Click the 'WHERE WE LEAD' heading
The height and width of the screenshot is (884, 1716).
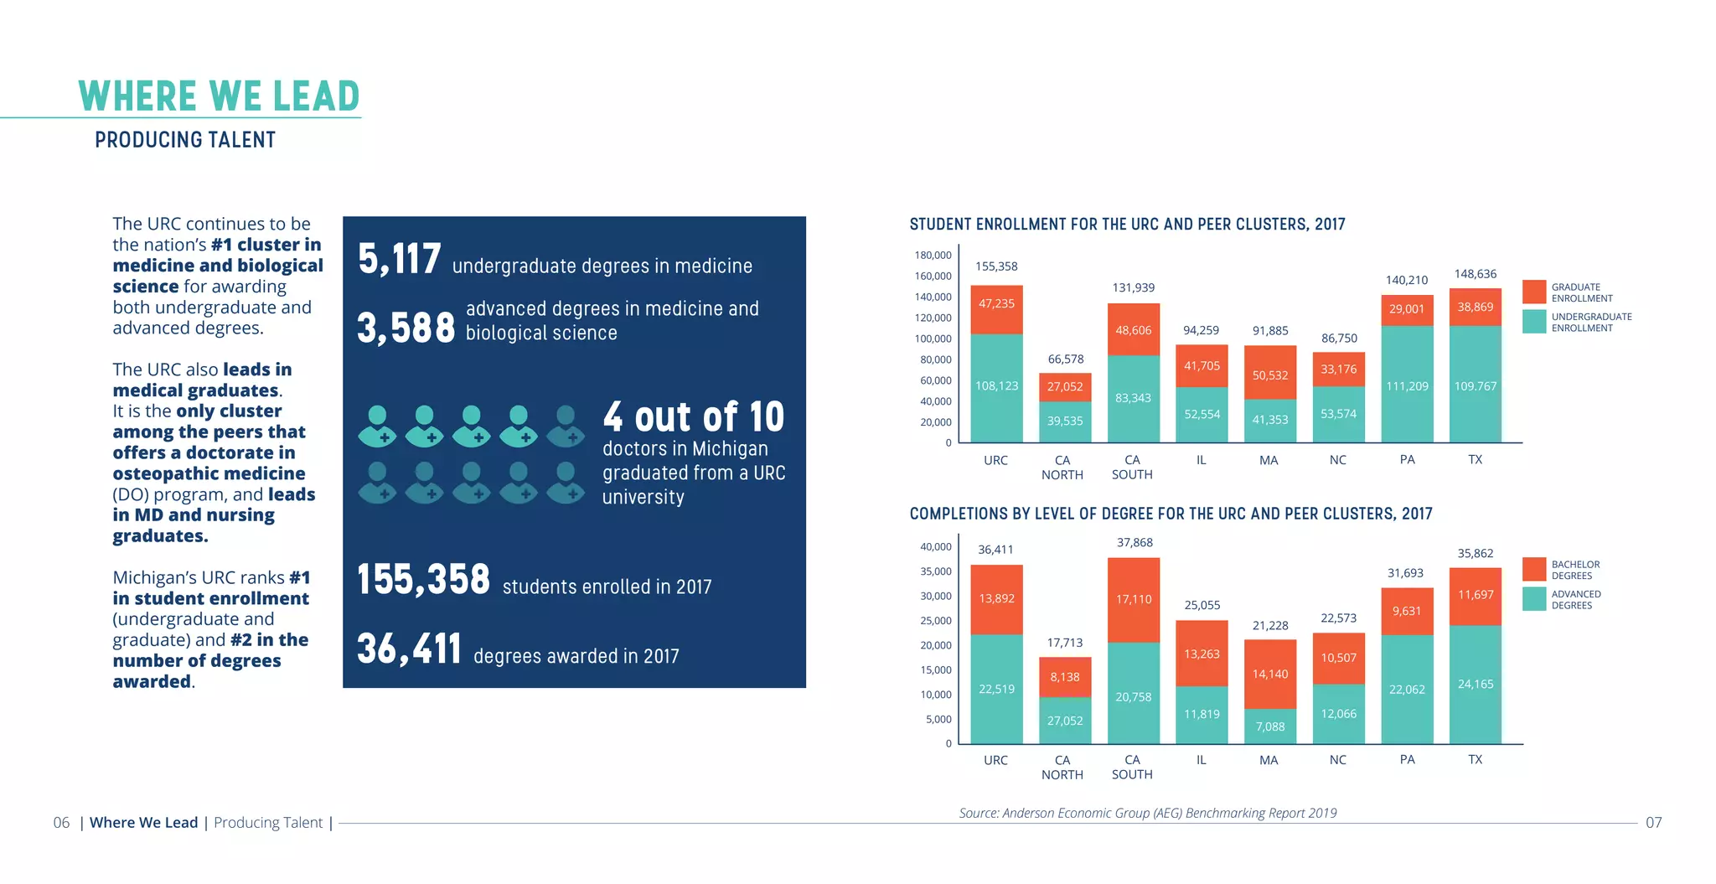[219, 96]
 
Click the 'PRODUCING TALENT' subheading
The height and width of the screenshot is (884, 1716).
[185, 140]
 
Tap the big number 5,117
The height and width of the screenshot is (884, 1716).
[399, 259]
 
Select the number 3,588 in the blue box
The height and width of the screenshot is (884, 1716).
[406, 328]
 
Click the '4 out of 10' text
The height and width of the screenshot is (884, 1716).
[693, 416]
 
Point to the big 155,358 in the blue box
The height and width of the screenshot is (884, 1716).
[423, 580]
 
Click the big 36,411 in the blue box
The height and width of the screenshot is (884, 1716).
[409, 649]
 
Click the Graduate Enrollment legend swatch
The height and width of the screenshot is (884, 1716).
[1533, 292]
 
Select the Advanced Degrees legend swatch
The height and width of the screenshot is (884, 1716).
[1533, 599]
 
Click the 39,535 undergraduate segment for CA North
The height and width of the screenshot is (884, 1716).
[1064, 421]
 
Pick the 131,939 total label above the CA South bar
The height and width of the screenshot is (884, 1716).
[1133, 287]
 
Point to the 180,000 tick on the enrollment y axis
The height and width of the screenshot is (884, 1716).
[933, 255]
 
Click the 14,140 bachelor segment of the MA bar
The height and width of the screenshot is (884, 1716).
[1269, 674]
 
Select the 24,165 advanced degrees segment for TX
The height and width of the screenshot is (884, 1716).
[1475, 685]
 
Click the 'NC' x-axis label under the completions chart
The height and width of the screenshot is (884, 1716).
[1337, 760]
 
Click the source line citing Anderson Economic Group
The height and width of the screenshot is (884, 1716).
[1147, 813]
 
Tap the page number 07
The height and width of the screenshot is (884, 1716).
[1652, 823]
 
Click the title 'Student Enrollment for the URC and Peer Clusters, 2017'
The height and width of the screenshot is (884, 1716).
[1127, 225]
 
